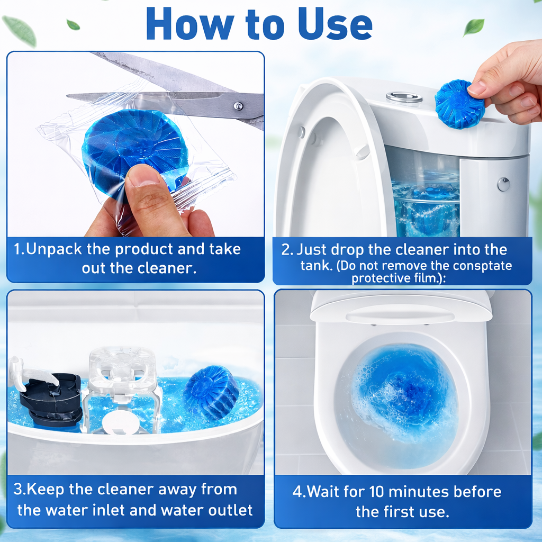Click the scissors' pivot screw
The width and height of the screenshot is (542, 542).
point(238,106)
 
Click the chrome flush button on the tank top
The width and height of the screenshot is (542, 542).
point(404,97)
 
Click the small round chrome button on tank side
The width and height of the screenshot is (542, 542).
point(503,184)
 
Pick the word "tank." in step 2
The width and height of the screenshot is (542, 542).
point(316,266)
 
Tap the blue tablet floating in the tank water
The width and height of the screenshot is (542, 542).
point(210,392)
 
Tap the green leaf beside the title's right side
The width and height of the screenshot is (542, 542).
point(473,26)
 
